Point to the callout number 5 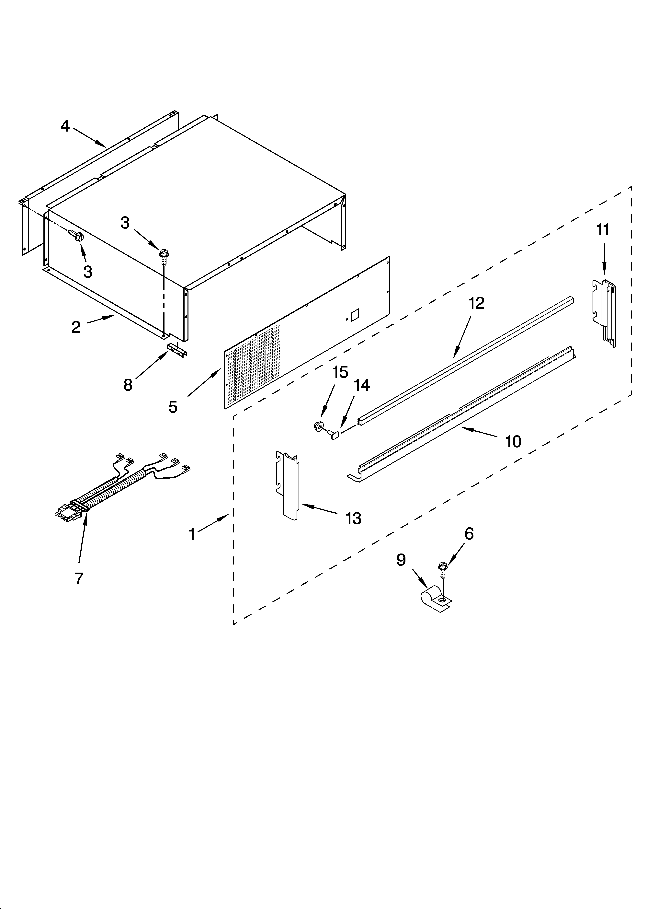173,407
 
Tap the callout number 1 192,534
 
